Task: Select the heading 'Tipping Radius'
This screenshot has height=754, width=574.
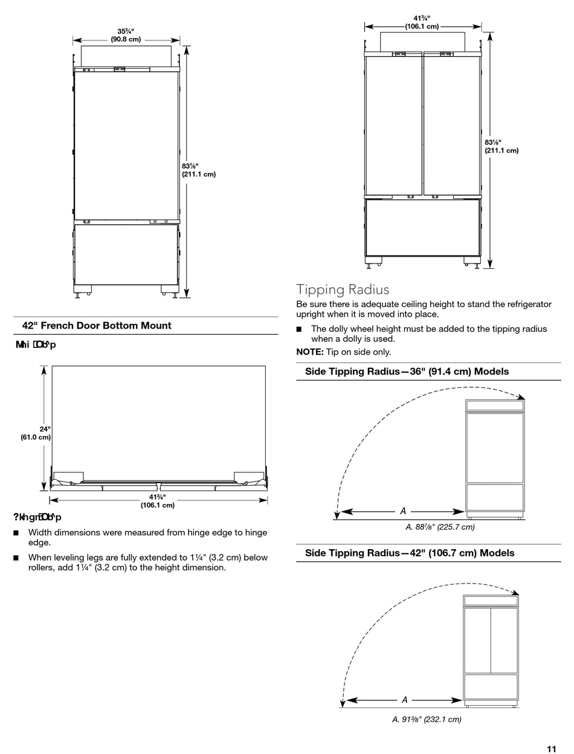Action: [343, 289]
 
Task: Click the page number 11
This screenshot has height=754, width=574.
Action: [551, 749]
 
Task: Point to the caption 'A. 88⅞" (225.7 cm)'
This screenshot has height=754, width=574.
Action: [440, 527]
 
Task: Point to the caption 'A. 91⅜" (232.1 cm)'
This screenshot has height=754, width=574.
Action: [427, 719]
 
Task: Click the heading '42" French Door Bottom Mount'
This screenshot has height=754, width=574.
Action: [97, 326]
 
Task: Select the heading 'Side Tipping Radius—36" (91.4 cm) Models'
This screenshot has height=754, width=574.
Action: [407, 372]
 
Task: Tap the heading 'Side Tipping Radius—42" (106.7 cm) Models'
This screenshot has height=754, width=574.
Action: [410, 553]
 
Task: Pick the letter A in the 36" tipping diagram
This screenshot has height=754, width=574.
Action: [403, 511]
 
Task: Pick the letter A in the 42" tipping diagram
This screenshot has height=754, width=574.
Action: [404, 700]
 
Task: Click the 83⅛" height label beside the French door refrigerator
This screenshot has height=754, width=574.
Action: [501, 146]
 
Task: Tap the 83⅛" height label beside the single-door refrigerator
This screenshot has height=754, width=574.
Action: [198, 170]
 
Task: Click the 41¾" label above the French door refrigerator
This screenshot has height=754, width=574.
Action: [422, 22]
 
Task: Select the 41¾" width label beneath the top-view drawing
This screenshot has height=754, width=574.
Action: [158, 501]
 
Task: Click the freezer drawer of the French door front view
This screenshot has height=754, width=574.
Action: [422, 227]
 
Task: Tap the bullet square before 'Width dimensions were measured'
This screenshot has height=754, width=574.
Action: [16, 533]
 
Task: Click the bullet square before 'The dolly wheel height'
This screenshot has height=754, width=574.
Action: [298, 329]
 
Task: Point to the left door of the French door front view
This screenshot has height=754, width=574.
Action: [393, 126]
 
